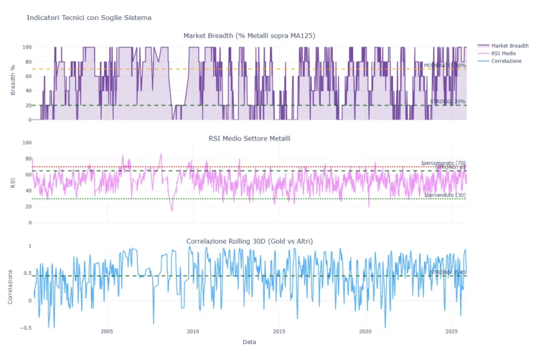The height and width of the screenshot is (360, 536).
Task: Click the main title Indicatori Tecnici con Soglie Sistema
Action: (x=89, y=18)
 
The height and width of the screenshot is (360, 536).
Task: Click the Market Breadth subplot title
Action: (x=249, y=36)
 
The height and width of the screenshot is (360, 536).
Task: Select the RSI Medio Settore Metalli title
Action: (x=249, y=139)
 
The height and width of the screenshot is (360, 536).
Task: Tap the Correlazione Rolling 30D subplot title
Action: (x=249, y=241)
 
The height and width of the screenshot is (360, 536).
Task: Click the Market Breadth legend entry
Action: (x=506, y=46)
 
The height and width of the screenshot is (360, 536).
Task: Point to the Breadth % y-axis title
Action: (x=13, y=83)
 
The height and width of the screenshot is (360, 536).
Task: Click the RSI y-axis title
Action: (x=13, y=183)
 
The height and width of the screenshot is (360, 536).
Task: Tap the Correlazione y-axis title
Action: (x=10, y=286)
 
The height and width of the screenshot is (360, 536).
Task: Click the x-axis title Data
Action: (x=249, y=342)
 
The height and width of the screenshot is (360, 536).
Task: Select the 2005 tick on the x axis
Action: (x=107, y=332)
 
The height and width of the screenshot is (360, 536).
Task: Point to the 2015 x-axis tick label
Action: (x=279, y=332)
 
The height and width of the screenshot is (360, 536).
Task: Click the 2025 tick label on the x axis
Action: (x=451, y=332)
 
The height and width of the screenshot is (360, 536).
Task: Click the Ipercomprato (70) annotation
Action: (x=443, y=163)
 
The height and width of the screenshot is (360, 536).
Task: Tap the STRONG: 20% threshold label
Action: (x=448, y=102)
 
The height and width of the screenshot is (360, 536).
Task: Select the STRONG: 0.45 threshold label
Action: (x=448, y=273)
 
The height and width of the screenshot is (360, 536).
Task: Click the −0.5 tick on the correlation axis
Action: (x=25, y=328)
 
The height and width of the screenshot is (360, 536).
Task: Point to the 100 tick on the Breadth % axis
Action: (x=27, y=47)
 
